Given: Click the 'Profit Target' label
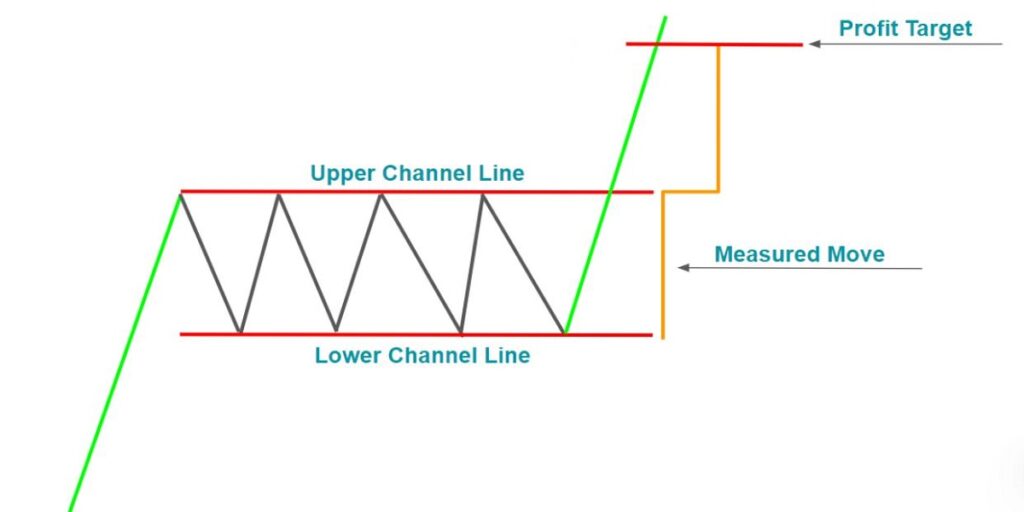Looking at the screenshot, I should tap(905, 28).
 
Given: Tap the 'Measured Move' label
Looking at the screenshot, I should tap(799, 254).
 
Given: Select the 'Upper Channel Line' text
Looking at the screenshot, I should tap(417, 173).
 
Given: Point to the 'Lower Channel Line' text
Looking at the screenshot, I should tap(422, 355).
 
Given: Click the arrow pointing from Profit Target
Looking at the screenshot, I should tap(905, 44).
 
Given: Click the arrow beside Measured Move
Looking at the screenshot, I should tap(799, 268).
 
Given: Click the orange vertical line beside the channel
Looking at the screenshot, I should tap(662, 264).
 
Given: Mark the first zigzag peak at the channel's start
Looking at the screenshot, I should tap(181, 193).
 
